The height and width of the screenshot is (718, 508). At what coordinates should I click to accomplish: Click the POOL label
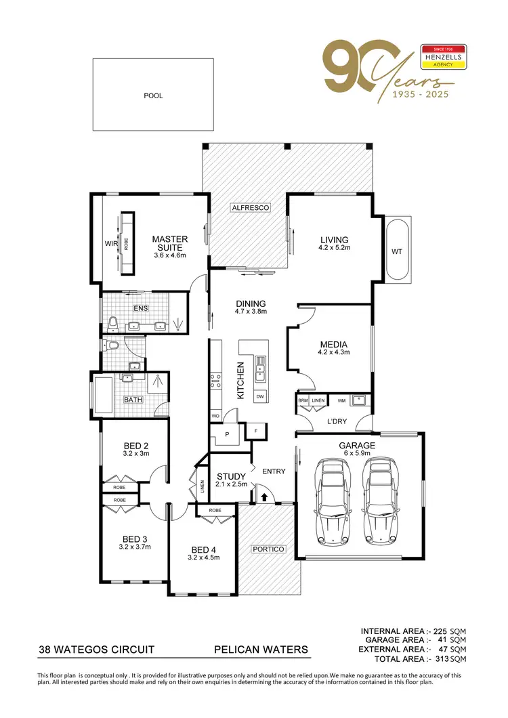point(153,96)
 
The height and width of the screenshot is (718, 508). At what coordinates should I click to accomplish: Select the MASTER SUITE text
point(170,243)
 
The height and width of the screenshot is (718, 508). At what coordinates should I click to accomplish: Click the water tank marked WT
point(397,251)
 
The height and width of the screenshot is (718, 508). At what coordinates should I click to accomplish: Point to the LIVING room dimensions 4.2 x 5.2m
point(335,248)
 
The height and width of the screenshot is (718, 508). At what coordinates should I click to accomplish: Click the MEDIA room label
point(334,343)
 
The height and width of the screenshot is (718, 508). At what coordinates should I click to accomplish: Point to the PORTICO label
point(268,549)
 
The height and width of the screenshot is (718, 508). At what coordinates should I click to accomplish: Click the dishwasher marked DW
point(261,396)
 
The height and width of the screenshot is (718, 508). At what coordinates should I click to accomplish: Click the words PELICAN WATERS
point(260,650)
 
